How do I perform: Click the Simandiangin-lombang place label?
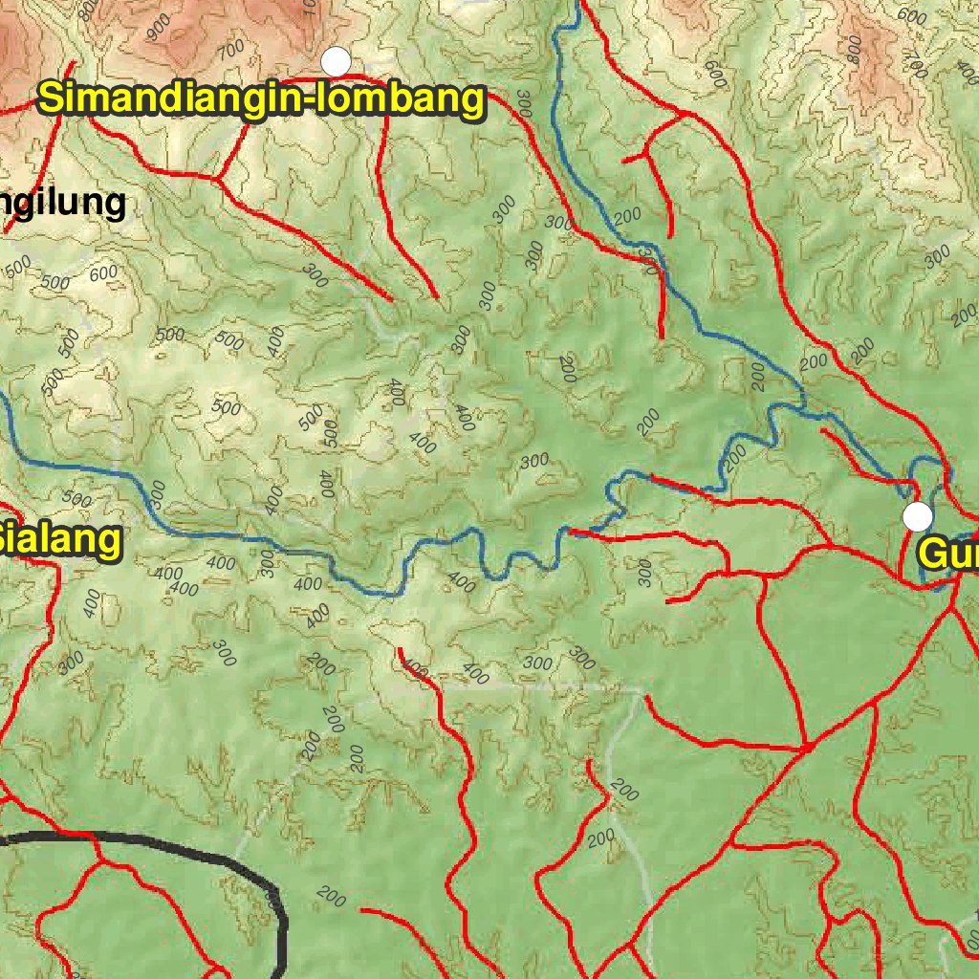(x=261, y=98)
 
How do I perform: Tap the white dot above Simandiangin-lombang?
(x=336, y=61)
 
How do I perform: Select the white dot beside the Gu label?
(x=917, y=516)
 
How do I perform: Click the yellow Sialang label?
(x=59, y=540)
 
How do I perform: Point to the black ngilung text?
(x=63, y=203)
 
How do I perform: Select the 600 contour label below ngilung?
(x=102, y=275)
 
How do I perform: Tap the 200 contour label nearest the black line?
(x=330, y=897)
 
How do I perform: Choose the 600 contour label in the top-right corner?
(x=912, y=16)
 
